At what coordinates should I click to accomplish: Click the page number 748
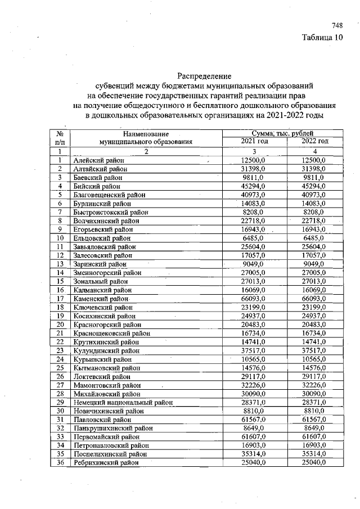click(x=337, y=26)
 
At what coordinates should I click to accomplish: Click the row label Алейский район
click(x=98, y=161)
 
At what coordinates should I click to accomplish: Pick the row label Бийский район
click(x=97, y=186)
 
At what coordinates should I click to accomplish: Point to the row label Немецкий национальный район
click(x=122, y=403)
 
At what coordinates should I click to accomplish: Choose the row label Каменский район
click(x=101, y=299)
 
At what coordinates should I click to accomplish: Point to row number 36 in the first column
click(x=59, y=462)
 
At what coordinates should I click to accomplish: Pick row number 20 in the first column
click(x=59, y=325)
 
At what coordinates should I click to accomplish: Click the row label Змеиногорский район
click(x=107, y=273)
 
